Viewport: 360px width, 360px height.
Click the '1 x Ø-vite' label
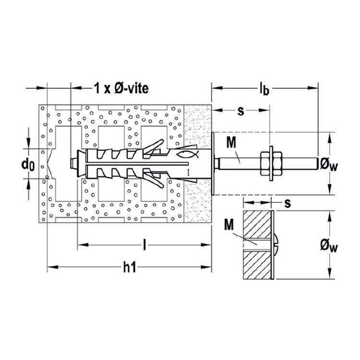(121, 88)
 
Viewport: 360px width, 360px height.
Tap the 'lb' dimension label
(264, 89)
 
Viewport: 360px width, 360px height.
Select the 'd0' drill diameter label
(28, 165)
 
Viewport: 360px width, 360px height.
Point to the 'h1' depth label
(130, 267)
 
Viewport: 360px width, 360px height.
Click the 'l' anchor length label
(144, 245)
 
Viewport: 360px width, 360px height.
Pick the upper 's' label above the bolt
(240, 111)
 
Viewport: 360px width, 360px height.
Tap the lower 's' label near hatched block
(288, 203)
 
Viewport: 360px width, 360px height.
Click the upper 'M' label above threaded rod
(231, 143)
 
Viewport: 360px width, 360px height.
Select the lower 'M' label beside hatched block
(228, 224)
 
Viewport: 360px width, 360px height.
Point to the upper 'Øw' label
(329, 165)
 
